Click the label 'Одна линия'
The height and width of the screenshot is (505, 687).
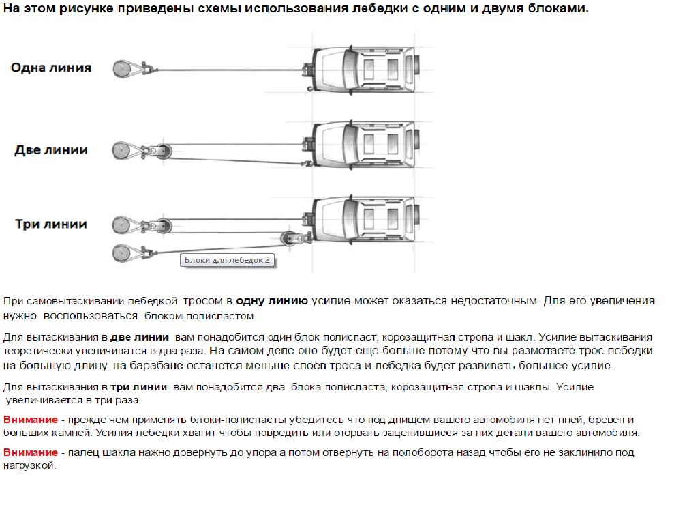[51, 68]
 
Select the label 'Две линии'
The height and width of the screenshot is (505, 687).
[51, 150]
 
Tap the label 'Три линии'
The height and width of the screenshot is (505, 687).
[51, 225]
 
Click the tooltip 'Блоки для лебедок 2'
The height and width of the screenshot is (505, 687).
[228, 260]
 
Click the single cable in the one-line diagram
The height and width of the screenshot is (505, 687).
[225, 68]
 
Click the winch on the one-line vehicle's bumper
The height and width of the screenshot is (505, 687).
[309, 68]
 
